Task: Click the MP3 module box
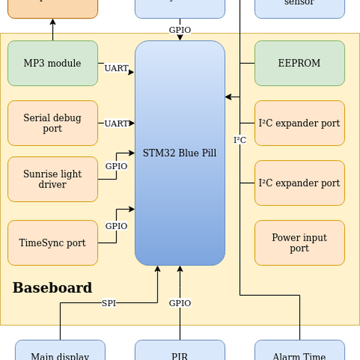click(x=53, y=63)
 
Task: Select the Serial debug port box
click(x=53, y=123)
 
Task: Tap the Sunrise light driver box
click(x=53, y=179)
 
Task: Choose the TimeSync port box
click(x=53, y=243)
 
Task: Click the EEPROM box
click(x=299, y=63)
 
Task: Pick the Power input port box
click(x=299, y=243)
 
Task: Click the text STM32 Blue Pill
click(x=179, y=153)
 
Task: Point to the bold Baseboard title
click(x=52, y=288)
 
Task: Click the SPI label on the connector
click(x=109, y=303)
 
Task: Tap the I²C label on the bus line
click(x=240, y=140)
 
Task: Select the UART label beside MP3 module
click(x=116, y=68)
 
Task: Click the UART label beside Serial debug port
click(x=116, y=124)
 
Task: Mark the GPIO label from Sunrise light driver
click(x=116, y=166)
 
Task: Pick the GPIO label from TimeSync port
click(x=116, y=226)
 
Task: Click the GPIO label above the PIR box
click(x=180, y=303)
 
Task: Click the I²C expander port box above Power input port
click(x=299, y=183)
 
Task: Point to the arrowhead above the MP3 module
click(x=53, y=22)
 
